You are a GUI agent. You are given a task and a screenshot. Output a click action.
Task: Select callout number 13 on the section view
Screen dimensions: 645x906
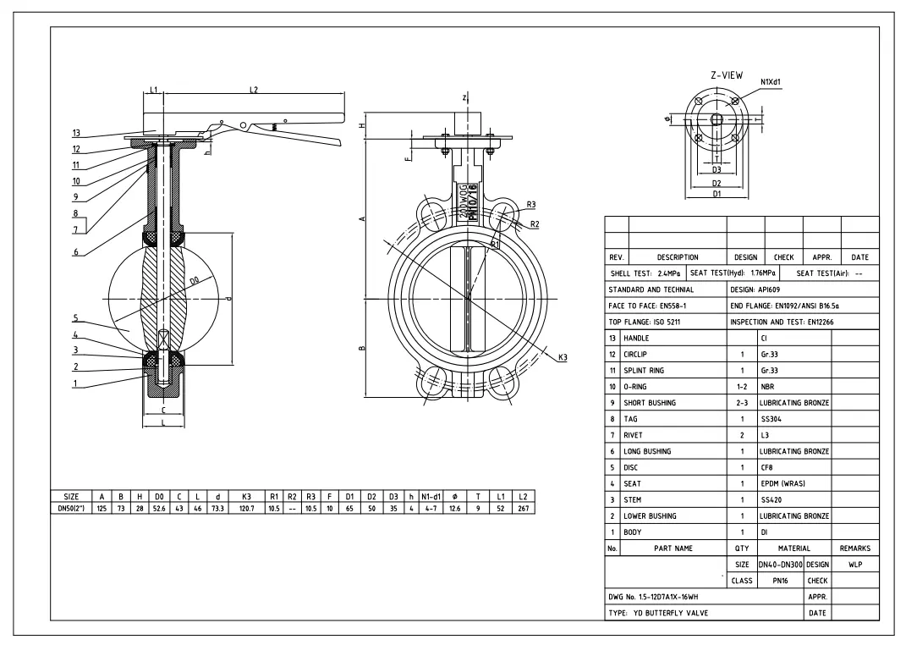click(76, 133)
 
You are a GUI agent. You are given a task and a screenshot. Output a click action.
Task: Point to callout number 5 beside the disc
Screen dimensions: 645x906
click(76, 320)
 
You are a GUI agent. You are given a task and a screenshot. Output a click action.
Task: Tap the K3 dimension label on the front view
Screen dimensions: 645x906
click(563, 357)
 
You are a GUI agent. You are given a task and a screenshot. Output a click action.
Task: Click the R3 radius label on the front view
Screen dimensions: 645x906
click(530, 204)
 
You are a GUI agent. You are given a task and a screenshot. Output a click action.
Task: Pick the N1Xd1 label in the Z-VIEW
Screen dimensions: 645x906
click(770, 82)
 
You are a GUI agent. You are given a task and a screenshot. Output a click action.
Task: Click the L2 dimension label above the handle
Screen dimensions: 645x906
click(254, 89)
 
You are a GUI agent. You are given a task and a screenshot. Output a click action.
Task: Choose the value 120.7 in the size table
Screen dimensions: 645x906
click(247, 508)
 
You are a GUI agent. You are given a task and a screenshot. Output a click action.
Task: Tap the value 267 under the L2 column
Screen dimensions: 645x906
click(523, 508)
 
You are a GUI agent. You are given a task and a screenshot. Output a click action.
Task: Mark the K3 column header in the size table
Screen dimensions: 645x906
click(247, 496)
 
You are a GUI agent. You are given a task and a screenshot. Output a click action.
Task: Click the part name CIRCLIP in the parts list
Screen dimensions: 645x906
click(639, 355)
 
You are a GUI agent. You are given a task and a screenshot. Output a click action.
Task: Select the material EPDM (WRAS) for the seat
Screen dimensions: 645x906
click(782, 483)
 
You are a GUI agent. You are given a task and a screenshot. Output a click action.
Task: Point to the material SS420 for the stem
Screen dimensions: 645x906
click(771, 499)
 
